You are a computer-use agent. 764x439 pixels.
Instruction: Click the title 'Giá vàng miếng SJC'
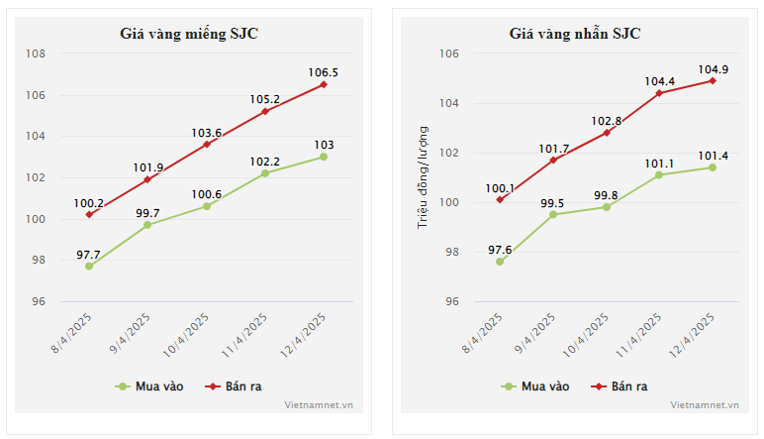tap(190, 34)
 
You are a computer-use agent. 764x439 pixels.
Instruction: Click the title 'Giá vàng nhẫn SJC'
tap(575, 34)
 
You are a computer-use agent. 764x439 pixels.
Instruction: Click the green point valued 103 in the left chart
tap(324, 157)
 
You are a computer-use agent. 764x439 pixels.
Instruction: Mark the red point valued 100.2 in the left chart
tap(89, 214)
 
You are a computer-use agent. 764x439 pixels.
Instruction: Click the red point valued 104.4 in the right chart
tap(659, 93)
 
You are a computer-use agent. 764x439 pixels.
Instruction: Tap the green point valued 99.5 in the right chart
tap(553, 214)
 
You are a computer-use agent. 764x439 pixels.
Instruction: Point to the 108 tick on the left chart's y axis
tap(37, 54)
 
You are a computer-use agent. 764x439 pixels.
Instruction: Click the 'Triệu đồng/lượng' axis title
tap(423, 177)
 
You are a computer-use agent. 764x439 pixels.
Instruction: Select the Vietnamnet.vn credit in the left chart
tap(319, 404)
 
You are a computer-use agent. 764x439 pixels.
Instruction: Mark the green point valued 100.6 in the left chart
tap(206, 206)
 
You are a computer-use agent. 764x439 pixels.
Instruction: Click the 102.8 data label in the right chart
tap(607, 121)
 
